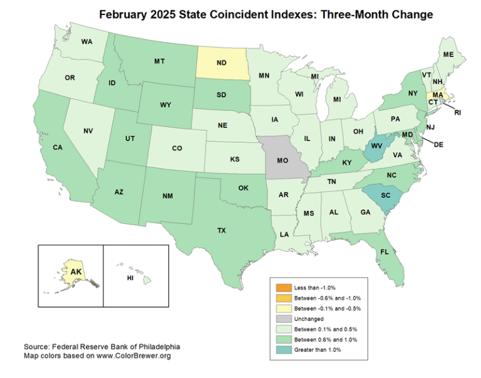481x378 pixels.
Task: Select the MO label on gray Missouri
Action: coord(282,160)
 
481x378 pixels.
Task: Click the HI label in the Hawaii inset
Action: coord(131,277)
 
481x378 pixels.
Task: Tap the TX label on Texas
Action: coord(221,230)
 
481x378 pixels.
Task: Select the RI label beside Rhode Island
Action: coord(457,113)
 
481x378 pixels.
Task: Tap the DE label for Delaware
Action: coord(438,144)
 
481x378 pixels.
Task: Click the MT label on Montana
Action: coord(159,61)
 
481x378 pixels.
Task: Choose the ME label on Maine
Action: coord(448,55)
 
